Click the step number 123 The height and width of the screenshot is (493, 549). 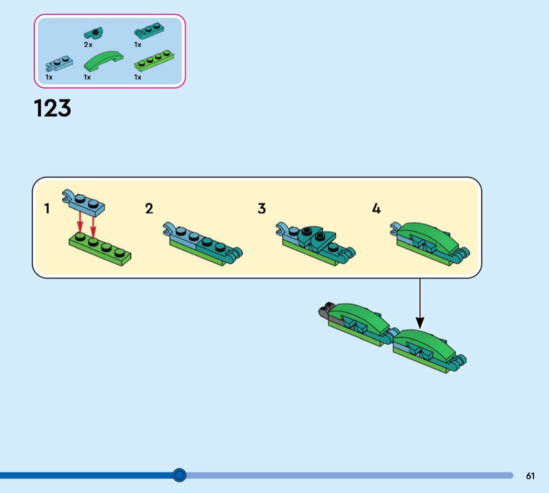52,108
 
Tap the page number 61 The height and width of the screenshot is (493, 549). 530,476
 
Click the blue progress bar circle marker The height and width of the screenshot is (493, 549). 179,475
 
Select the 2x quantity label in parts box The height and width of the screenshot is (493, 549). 88,45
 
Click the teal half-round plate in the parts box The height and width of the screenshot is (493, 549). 93,33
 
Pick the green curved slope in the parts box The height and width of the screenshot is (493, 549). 104,61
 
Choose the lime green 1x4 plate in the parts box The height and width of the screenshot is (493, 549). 154,60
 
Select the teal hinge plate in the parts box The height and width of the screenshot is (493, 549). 149,31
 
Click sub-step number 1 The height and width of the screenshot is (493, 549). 47,209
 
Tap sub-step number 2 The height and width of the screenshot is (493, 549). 149,209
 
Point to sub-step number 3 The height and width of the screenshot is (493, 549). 261,209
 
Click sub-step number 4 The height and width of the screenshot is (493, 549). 376,209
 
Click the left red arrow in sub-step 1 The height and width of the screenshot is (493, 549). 80,222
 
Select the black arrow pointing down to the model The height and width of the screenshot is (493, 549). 420,304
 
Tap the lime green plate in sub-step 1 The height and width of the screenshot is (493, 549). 100,249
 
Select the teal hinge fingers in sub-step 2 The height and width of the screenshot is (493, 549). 235,255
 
